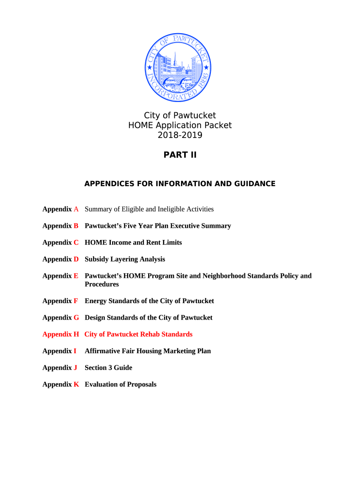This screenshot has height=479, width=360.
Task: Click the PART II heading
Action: tap(180, 155)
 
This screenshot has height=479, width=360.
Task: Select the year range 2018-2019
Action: tap(180, 135)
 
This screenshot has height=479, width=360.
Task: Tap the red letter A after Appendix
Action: tap(76, 209)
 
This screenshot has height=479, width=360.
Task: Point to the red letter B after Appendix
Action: tap(76, 226)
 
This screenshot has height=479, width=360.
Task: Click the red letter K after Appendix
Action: tap(76, 385)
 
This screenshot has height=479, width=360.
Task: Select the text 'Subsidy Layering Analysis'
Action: tap(125, 259)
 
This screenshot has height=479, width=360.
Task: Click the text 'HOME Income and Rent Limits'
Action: tap(133, 243)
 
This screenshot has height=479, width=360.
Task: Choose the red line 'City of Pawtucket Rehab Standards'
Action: tap(138, 334)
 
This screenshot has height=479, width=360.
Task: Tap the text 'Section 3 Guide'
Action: tap(108, 368)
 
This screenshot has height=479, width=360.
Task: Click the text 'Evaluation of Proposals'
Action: tap(121, 385)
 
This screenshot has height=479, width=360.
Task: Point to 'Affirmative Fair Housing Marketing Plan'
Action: tap(148, 351)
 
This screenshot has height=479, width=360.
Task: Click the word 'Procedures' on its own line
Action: tap(101, 284)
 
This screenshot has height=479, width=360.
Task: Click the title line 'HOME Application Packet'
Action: tap(180, 125)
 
